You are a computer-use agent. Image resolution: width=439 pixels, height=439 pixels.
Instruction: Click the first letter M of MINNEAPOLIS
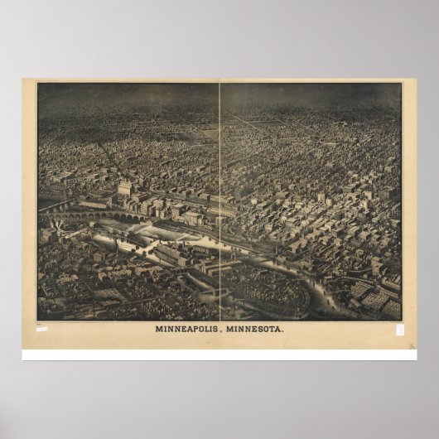[x=158, y=329]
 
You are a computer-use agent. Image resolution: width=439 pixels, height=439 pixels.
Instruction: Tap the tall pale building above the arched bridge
[x=125, y=189]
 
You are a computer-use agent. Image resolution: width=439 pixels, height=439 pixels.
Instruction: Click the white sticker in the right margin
[x=399, y=329]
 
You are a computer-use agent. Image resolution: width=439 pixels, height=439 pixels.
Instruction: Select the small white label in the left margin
[x=41, y=329]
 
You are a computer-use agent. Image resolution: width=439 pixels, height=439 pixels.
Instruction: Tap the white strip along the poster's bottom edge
[x=219, y=355]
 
